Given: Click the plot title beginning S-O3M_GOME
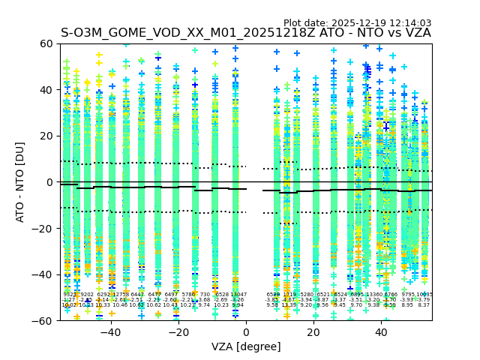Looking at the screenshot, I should (x=246, y=33).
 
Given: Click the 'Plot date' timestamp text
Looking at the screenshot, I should (x=357, y=23).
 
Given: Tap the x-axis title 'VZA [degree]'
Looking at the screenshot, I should (x=246, y=346).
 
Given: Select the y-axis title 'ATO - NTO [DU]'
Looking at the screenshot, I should (x=21, y=182).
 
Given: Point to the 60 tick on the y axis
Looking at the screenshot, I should (x=46, y=43).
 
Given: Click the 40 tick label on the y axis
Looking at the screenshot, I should (x=46, y=90).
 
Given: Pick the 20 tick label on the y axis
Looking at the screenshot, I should (x=46, y=136).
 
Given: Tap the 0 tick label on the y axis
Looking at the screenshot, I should (x=49, y=182).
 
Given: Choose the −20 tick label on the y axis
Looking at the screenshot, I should (x=43, y=228).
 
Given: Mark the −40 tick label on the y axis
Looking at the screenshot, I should (x=43, y=274).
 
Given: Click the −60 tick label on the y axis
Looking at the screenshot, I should (x=43, y=320).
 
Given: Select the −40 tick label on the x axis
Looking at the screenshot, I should (x=110, y=332).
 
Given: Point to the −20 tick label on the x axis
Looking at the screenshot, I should (x=178, y=332).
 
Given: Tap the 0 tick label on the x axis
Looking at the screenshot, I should (x=246, y=332).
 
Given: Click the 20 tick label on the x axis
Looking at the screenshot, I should (x=313, y=332).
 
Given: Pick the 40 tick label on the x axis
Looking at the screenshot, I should (x=381, y=332).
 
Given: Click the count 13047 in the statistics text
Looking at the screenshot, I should (x=238, y=295).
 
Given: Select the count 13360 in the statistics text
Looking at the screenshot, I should (x=373, y=295).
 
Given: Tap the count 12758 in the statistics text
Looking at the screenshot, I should (x=121, y=295).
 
